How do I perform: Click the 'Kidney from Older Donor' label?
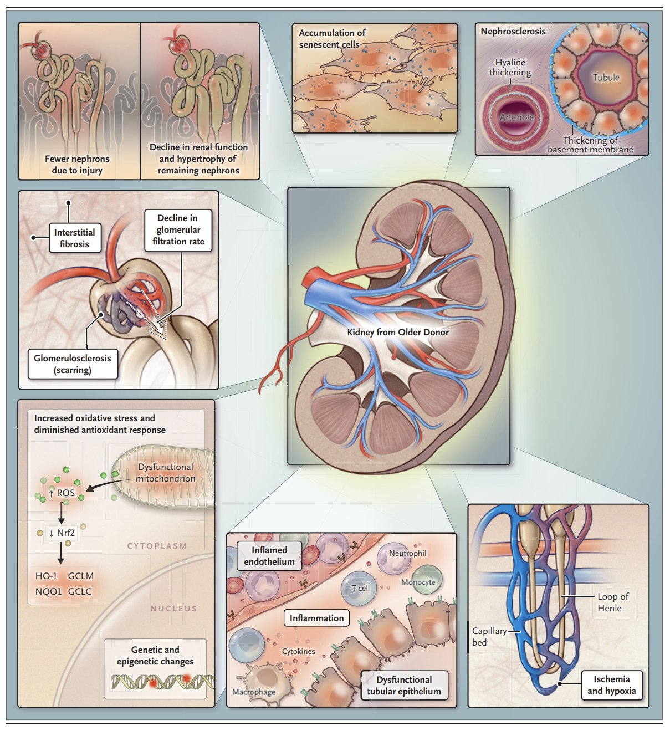click(x=397, y=332)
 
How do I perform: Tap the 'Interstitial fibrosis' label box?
click(x=74, y=238)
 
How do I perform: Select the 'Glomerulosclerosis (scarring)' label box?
click(x=73, y=364)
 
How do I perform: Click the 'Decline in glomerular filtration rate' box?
click(x=178, y=230)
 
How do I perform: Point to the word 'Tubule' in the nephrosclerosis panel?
click(x=606, y=78)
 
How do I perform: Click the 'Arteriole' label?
click(x=516, y=117)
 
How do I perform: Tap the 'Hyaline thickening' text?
click(x=510, y=68)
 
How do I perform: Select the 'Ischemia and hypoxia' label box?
click(x=611, y=685)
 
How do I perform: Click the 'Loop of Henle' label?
click(x=612, y=602)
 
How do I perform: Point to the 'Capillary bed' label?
click(x=488, y=637)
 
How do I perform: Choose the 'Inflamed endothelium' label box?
click(x=269, y=556)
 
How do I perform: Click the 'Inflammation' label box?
click(x=316, y=618)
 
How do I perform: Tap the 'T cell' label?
click(x=360, y=588)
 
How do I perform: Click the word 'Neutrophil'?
click(x=407, y=553)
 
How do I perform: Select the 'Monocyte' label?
click(x=418, y=582)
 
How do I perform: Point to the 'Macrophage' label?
click(x=253, y=692)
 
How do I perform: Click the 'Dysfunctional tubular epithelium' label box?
click(x=404, y=686)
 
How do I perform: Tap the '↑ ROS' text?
click(x=62, y=493)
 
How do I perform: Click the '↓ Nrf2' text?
click(x=62, y=533)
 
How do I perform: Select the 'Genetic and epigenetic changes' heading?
click(x=155, y=656)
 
